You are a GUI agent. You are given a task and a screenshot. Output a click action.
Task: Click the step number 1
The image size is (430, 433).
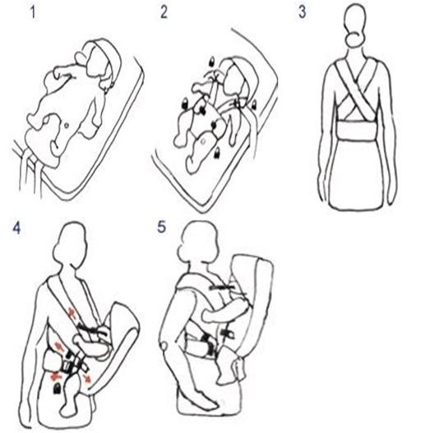(33, 12)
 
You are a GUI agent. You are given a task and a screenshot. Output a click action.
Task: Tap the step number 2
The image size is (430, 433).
(164, 12)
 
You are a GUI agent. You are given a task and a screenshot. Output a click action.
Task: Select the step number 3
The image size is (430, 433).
(303, 12)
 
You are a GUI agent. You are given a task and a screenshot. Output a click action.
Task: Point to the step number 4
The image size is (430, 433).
(16, 228)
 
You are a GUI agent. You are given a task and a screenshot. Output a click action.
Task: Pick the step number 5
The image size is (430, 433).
(161, 228)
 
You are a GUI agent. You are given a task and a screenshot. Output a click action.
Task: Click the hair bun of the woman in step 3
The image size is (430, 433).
(355, 39)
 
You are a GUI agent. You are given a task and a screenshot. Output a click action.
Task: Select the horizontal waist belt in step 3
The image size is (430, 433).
(357, 131)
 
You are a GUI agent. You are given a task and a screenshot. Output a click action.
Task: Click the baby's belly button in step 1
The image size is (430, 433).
(67, 126)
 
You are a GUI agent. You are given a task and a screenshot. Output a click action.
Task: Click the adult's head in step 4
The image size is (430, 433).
(70, 244)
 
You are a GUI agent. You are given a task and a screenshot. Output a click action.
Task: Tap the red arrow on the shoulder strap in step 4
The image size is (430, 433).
(72, 313)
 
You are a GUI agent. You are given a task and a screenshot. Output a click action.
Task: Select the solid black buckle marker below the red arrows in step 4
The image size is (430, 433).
(58, 389)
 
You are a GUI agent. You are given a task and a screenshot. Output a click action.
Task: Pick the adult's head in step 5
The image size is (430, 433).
(197, 243)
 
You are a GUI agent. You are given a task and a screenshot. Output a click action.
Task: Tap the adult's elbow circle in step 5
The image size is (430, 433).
(164, 346)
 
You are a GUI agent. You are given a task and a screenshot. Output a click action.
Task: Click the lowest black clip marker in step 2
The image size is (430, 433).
(217, 153)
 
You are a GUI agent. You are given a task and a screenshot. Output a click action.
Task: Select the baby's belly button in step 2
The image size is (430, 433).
(203, 141)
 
